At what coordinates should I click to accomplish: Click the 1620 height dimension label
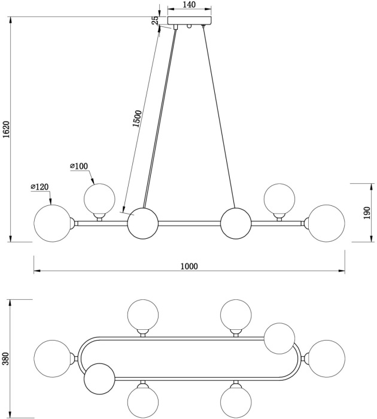coord(7,130)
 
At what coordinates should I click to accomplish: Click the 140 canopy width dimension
coord(188,5)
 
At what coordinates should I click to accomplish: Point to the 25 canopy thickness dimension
coord(156,20)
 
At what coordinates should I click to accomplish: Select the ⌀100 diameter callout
coord(79,166)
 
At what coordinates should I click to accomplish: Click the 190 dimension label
coord(367,212)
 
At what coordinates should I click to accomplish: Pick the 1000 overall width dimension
coord(188,266)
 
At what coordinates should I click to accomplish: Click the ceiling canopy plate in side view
coord(190,21)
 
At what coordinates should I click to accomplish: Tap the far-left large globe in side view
coord(53,223)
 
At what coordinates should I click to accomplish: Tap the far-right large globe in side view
coord(327,223)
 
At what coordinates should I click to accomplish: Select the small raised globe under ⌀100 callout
coord(99,199)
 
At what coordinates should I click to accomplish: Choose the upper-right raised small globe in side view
coord(279,199)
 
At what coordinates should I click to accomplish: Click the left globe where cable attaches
coord(143,223)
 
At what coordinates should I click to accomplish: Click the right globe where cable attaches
coord(236,223)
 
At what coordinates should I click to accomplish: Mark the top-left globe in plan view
coord(144,315)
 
